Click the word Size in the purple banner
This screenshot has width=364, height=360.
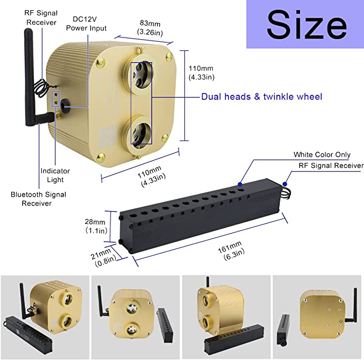307,24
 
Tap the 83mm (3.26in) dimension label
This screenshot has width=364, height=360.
150,28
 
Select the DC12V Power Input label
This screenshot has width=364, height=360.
86,24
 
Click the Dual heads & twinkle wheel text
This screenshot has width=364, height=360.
262,96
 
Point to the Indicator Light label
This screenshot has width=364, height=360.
55,175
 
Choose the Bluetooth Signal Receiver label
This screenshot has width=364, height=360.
38,199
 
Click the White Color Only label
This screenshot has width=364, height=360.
322,154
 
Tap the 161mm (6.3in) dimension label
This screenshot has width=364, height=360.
231,251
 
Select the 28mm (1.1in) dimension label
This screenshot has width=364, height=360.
96,226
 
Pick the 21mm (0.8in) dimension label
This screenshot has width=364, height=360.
103,257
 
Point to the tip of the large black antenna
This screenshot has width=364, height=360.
28,29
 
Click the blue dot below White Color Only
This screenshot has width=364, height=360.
240,184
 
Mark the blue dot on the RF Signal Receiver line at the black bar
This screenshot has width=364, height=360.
285,184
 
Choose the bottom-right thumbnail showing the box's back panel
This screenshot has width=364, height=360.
317,317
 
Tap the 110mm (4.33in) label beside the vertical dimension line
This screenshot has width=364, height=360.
201,73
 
